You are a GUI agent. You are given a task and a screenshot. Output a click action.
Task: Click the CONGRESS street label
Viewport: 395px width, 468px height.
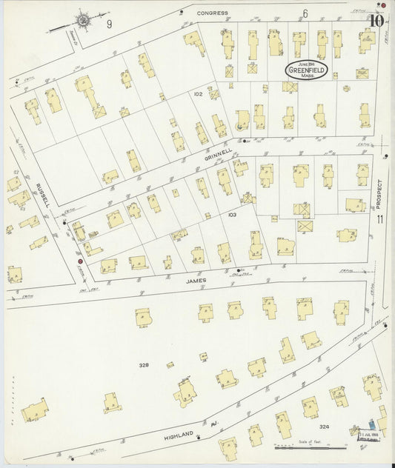tap(213, 13)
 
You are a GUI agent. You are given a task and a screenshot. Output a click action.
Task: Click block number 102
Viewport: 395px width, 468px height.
tap(198, 94)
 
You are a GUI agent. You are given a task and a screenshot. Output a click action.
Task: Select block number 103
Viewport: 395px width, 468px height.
tap(231, 215)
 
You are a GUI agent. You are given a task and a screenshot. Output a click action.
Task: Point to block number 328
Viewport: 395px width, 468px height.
tap(144, 365)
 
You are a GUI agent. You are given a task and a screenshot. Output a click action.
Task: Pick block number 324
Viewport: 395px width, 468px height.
tap(323, 427)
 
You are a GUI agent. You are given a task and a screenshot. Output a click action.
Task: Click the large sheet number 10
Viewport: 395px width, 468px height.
tap(377, 20)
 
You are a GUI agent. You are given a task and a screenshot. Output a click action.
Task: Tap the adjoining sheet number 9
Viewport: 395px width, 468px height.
tap(109, 24)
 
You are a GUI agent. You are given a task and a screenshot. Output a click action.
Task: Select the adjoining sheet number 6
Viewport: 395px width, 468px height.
tap(305, 14)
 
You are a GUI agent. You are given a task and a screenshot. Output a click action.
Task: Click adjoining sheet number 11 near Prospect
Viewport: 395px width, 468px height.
tap(379, 220)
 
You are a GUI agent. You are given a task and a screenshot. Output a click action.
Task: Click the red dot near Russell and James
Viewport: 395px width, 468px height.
tap(80, 261)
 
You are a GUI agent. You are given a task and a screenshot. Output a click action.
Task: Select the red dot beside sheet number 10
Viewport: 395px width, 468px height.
tap(382, 5)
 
